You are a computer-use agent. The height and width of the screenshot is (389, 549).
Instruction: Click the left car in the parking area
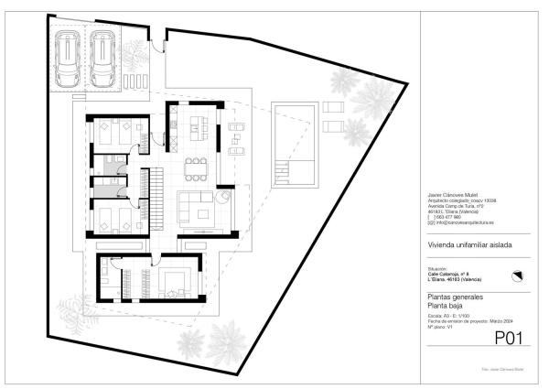(x=66, y=54)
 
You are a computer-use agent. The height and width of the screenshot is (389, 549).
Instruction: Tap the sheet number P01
(x=508, y=339)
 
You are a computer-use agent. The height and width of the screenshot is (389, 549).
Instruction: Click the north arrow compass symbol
(x=515, y=276)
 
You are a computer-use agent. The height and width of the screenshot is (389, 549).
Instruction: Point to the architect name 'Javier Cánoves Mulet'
(x=452, y=195)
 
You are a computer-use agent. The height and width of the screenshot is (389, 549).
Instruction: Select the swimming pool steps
(x=285, y=169)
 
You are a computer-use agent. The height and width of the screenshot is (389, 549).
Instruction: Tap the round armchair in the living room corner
(x=225, y=196)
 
